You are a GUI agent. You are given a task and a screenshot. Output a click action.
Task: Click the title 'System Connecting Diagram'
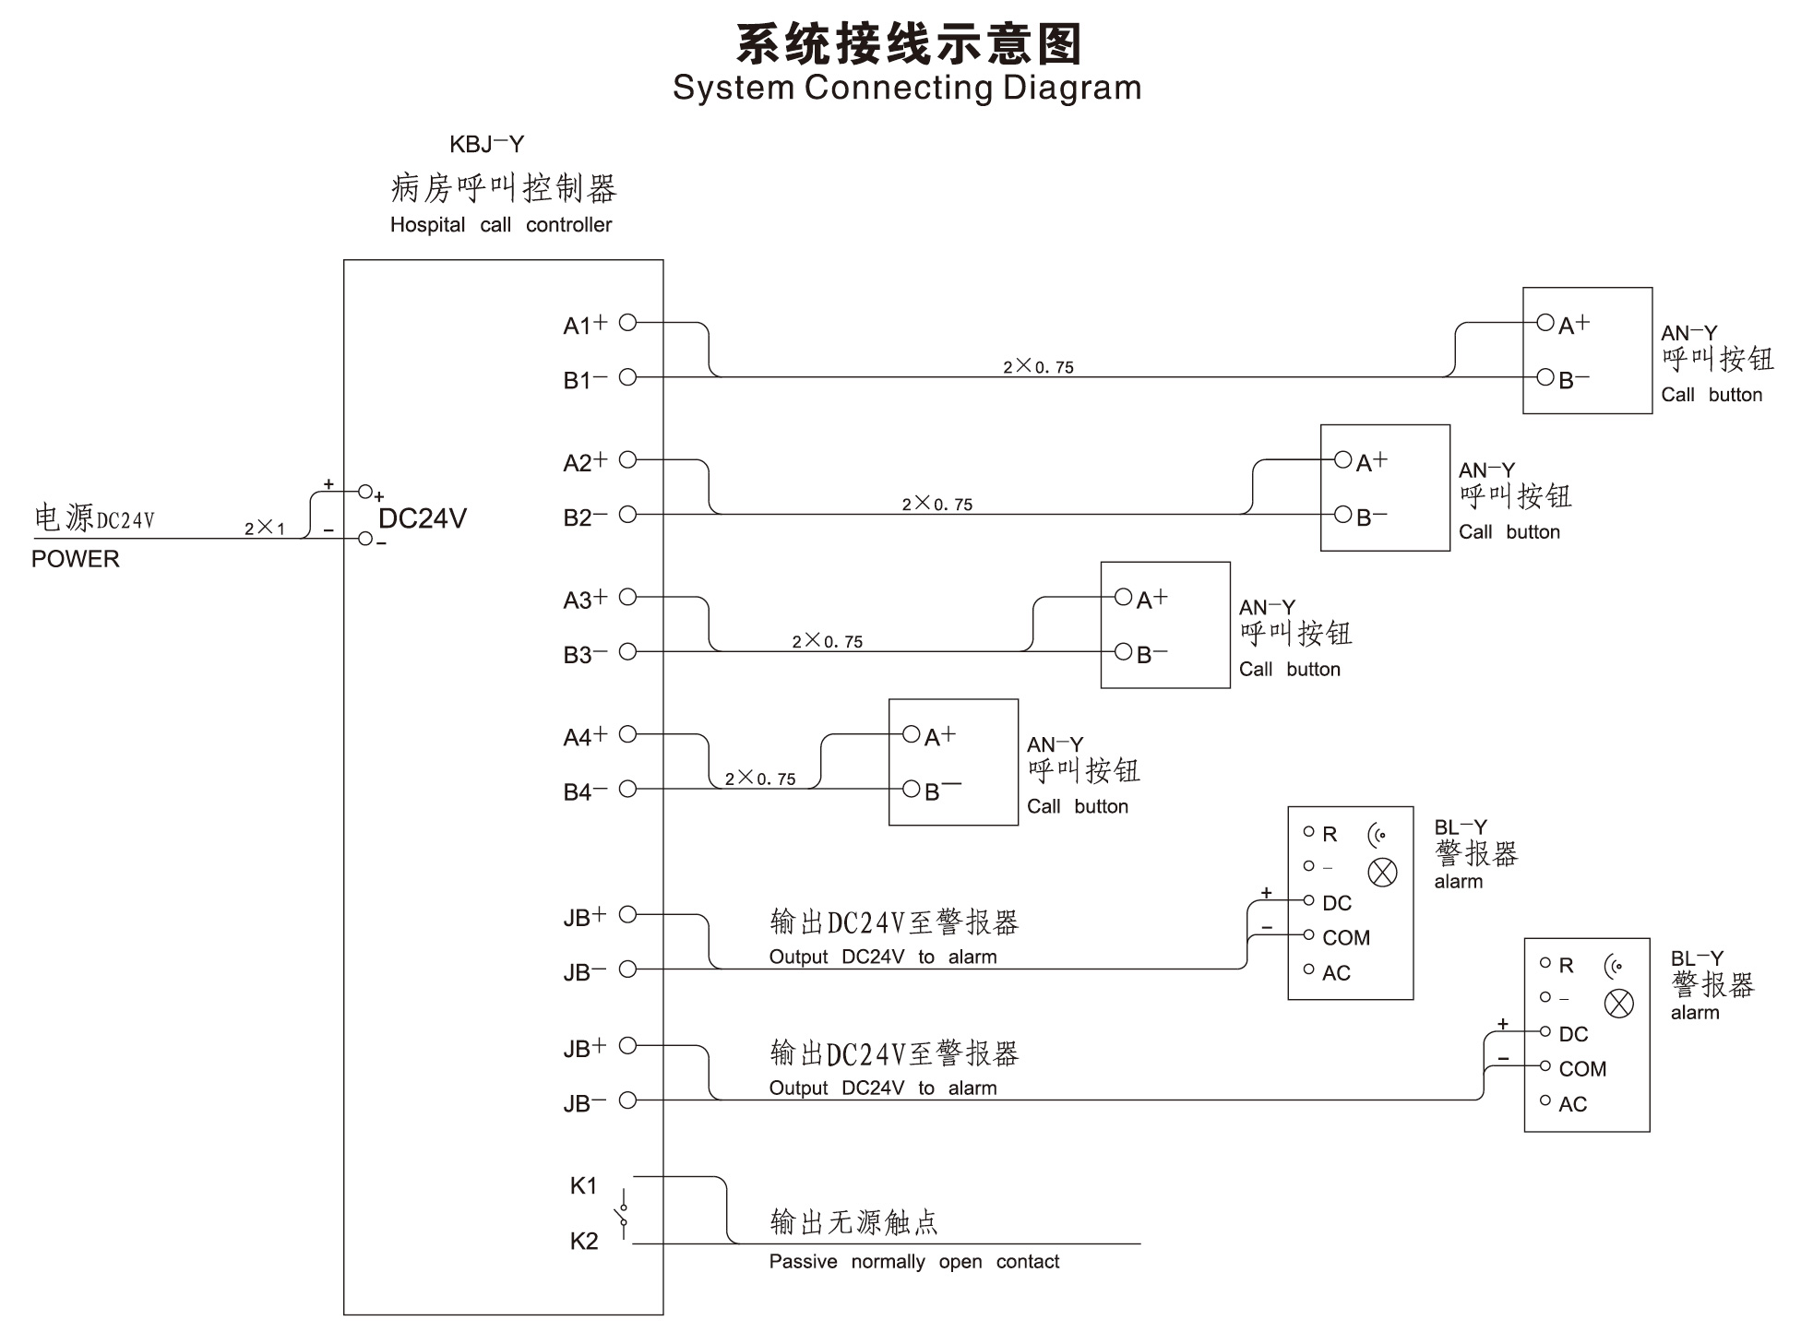pyautogui.click(x=907, y=88)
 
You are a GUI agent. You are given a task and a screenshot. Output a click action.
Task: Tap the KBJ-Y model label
pyautogui.click(x=486, y=144)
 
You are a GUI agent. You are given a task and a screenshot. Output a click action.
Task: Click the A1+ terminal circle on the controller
pyautogui.click(x=627, y=322)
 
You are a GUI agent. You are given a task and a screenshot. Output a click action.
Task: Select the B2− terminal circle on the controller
pyautogui.click(x=627, y=514)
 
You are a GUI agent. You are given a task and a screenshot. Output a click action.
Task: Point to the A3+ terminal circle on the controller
pyautogui.click(x=627, y=597)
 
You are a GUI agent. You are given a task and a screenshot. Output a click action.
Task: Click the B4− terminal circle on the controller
pyautogui.click(x=627, y=789)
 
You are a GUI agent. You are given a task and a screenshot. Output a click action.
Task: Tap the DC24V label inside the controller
pyautogui.click(x=423, y=518)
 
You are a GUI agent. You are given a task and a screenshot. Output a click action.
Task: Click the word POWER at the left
pyautogui.click(x=76, y=559)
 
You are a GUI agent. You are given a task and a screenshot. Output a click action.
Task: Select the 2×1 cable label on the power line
pyautogui.click(x=265, y=528)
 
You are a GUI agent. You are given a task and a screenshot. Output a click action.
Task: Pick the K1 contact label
pyautogui.click(x=583, y=1185)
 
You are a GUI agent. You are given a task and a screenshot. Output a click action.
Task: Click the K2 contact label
pyautogui.click(x=583, y=1241)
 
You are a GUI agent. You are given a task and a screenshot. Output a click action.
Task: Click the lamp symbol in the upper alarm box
pyautogui.click(x=1382, y=872)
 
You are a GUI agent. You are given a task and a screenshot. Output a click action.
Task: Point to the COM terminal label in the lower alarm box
pyautogui.click(x=1582, y=1068)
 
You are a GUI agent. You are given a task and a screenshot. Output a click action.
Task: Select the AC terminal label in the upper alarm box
pyautogui.click(x=1336, y=972)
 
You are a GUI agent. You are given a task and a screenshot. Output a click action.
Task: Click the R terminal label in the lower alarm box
pyautogui.click(x=1566, y=965)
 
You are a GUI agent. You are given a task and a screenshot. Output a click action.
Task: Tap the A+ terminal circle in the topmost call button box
pyautogui.click(x=1545, y=322)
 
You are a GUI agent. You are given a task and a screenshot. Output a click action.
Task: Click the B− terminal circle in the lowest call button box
pyautogui.click(x=912, y=789)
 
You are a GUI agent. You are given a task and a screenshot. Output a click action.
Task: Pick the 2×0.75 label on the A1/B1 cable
pyautogui.click(x=1038, y=366)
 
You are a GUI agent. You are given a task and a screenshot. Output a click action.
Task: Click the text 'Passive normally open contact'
pyautogui.click(x=913, y=1261)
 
